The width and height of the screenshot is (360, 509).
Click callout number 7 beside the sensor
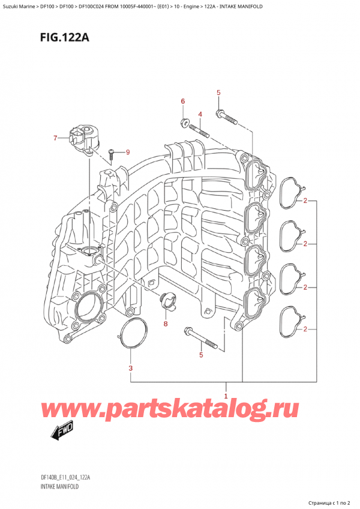pos(55,139)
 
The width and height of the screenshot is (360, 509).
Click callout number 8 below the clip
pos(166,325)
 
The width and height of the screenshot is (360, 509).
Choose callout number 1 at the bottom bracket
pos(226,396)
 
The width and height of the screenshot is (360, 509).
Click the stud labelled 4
pos(199,129)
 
